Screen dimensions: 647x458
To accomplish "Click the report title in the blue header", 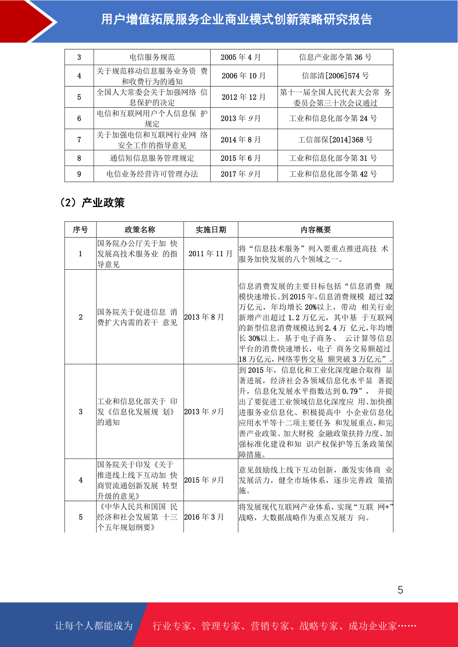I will (x=236, y=19).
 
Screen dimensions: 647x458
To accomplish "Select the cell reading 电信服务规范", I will (x=152, y=57).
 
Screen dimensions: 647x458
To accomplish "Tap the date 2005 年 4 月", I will (x=241, y=57).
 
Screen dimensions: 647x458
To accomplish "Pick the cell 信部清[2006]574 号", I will (x=335, y=76).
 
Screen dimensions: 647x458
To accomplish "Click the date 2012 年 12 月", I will (x=243, y=97).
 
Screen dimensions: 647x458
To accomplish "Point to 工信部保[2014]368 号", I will (x=335, y=140).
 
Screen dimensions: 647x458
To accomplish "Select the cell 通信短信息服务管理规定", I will (x=152, y=158).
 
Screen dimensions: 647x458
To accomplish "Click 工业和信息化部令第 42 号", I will (x=333, y=174).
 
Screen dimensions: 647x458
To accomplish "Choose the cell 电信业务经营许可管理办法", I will (x=152, y=174).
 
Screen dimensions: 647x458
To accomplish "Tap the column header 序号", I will (x=80, y=230).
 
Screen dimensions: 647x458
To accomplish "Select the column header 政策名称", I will (x=140, y=230).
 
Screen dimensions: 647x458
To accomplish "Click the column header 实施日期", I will (x=211, y=230).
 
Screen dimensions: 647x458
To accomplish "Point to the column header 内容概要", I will (x=315, y=230).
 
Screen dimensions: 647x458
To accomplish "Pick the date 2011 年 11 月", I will (x=210, y=254).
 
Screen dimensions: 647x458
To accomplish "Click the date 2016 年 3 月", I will (x=204, y=517).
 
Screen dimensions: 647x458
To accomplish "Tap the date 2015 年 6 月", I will (x=241, y=158).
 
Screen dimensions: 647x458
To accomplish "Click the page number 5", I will (x=400, y=590).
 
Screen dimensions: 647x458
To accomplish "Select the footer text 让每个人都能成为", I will (x=94, y=625).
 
